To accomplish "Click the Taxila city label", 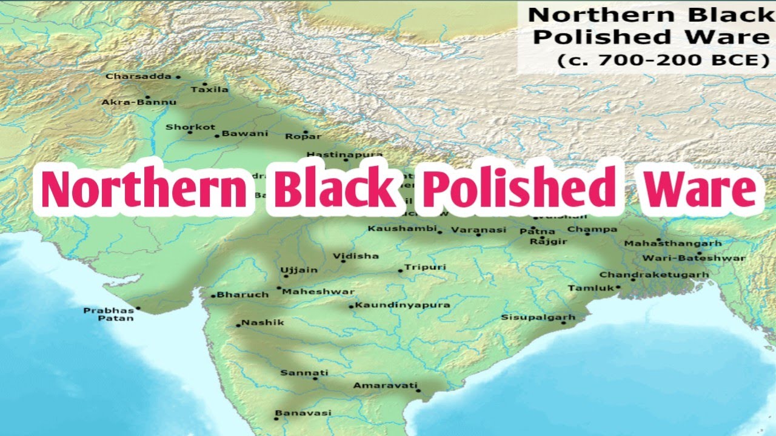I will (210, 90).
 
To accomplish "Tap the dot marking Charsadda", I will (178, 77).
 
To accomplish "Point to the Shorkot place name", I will (190, 127).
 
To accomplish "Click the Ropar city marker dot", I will (305, 131).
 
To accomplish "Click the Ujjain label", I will (299, 269).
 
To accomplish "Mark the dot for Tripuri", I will (400, 271).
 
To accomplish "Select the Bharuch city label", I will (242, 294).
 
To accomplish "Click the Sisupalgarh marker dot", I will (563, 323).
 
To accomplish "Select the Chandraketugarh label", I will (654, 274).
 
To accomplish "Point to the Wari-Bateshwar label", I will (694, 258).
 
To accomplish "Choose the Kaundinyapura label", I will (403, 305).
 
